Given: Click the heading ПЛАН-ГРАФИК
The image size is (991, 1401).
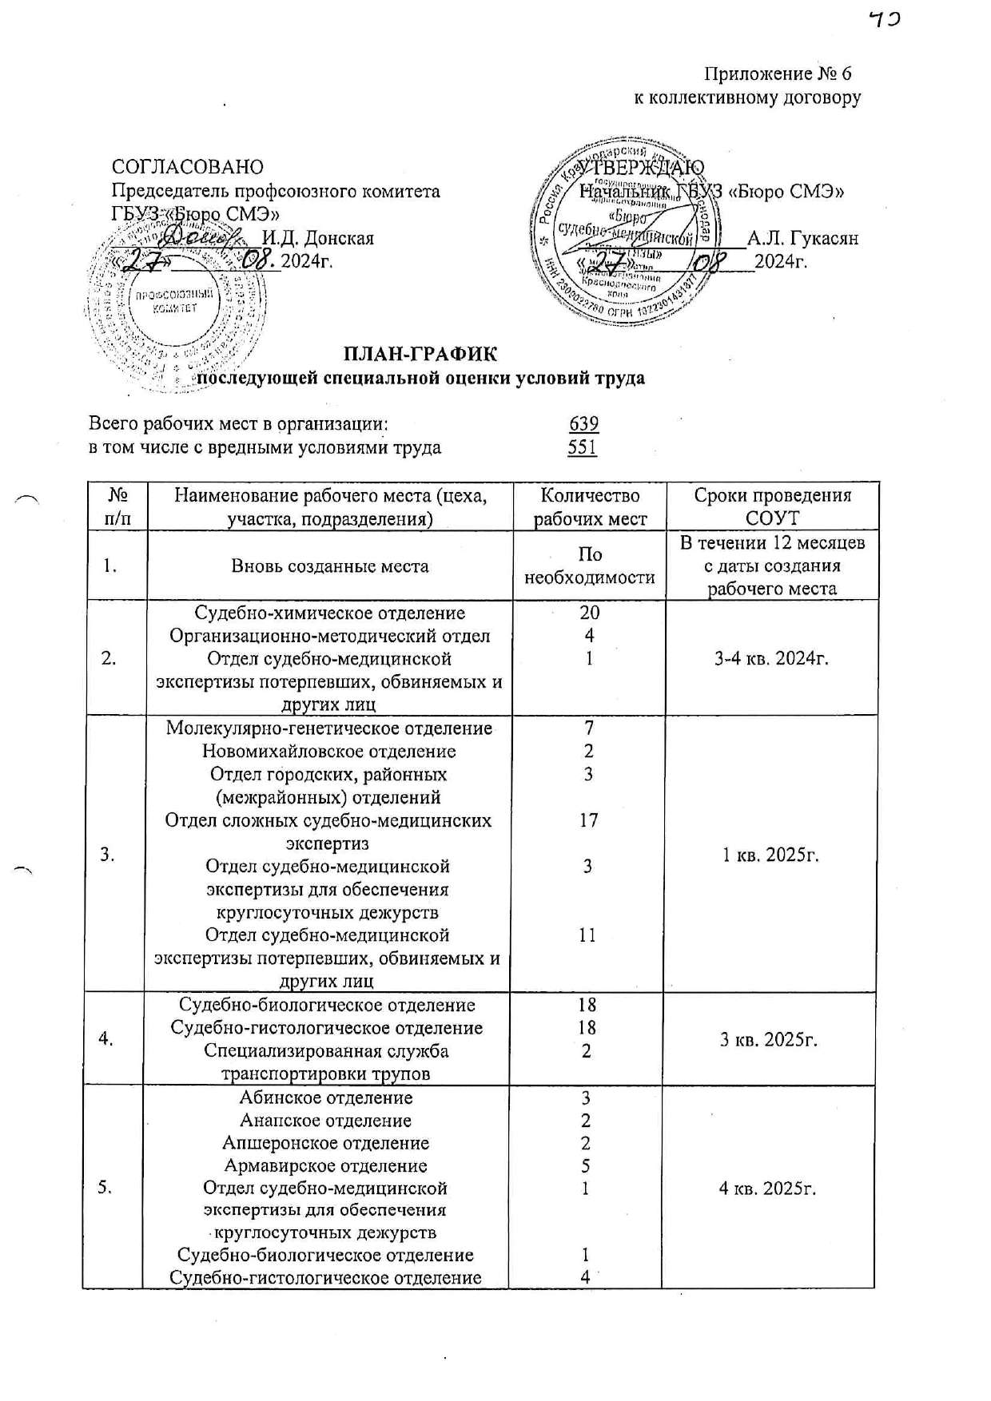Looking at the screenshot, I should [x=420, y=353].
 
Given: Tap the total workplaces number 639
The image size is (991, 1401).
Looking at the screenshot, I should [x=584, y=424].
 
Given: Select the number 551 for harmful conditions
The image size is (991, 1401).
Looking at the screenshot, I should [x=583, y=447].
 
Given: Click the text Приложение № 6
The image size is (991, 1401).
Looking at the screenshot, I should [x=778, y=74].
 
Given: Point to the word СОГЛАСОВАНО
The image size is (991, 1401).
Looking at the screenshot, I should [x=188, y=167].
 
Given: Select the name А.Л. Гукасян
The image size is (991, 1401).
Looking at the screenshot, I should [x=802, y=239].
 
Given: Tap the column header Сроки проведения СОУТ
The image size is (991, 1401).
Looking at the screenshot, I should [x=772, y=506].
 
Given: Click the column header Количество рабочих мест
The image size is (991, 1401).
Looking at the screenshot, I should [x=590, y=506].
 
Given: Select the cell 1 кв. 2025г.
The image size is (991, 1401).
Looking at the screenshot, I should [x=770, y=855].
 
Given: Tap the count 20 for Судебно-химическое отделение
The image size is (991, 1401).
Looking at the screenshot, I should [x=590, y=613].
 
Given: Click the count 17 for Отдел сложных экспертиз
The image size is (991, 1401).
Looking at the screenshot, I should [x=588, y=820].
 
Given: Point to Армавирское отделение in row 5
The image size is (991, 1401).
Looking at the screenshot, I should [x=325, y=1166].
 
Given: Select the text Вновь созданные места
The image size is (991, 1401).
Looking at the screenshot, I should [x=330, y=566].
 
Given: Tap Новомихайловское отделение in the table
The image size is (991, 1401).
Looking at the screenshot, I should [x=328, y=752].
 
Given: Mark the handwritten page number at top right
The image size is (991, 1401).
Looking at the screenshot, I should [x=886, y=22].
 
